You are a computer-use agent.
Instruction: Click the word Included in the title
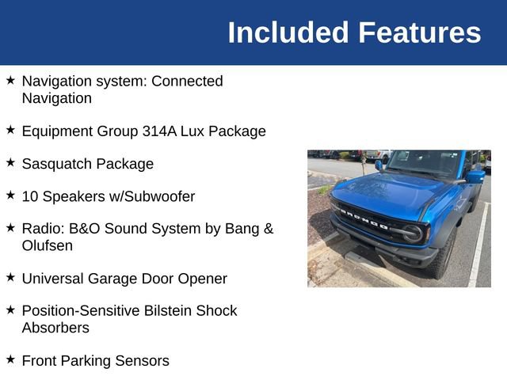tap(288, 32)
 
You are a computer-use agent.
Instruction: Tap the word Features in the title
tap(419, 32)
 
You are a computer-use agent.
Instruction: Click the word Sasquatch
tap(57, 164)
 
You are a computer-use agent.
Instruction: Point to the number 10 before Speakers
tap(30, 196)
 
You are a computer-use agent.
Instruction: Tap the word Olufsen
tap(48, 245)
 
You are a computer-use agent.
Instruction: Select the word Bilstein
tap(178, 311)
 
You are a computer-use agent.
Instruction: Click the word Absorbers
tap(55, 328)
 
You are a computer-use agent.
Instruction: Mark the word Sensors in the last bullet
tap(143, 361)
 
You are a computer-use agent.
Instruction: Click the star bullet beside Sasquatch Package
tap(10, 162)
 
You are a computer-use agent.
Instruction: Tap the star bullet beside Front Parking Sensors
tap(10, 359)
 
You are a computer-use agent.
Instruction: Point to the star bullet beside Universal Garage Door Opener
tap(10, 277)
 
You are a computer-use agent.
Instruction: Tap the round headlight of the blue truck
tap(413, 233)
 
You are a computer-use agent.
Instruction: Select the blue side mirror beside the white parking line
tap(475, 177)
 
